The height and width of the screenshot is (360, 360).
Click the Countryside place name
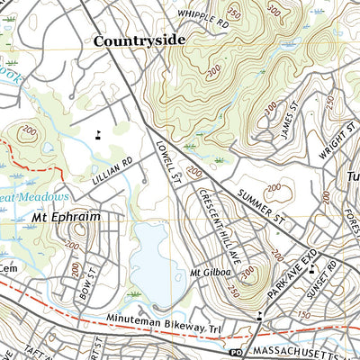point(139,40)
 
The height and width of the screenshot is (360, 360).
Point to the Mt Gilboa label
point(206,273)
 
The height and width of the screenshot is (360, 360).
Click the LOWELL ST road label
point(168,159)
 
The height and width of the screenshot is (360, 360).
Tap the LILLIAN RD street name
point(112,172)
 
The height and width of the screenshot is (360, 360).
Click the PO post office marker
point(237,351)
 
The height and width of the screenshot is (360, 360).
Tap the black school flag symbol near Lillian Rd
point(96,135)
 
